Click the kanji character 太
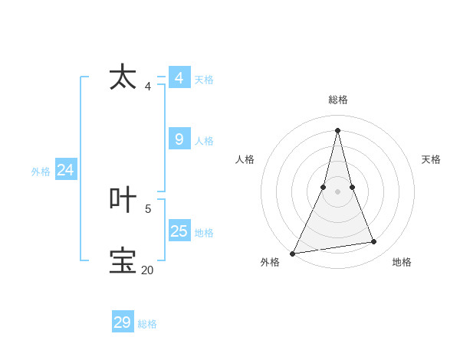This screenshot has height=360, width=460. [x=123, y=77]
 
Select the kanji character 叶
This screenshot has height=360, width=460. [x=123, y=200]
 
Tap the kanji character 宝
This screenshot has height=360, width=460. [x=123, y=260]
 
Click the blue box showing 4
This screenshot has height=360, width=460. [x=179, y=78]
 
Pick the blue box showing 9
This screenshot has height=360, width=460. [x=179, y=139]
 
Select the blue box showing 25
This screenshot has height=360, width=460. [x=179, y=231]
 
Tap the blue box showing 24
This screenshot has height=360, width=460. [x=66, y=170]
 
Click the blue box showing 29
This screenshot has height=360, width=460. [x=123, y=322]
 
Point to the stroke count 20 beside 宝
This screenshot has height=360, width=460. [x=147, y=270]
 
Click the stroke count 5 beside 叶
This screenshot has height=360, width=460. [x=148, y=208]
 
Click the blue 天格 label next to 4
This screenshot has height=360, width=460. [x=204, y=80]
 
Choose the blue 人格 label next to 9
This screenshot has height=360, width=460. [x=204, y=141]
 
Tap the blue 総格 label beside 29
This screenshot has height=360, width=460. [x=147, y=324]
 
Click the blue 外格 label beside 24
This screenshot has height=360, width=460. [x=41, y=172]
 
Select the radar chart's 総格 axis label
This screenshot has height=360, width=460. [x=337, y=100]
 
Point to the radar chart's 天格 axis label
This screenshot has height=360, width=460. [x=431, y=159]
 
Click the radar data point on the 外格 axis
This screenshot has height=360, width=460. [x=293, y=254]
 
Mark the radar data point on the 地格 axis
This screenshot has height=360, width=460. [x=374, y=242]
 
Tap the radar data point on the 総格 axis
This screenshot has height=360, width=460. [x=337, y=129]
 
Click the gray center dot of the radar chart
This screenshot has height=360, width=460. [x=337, y=191]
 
